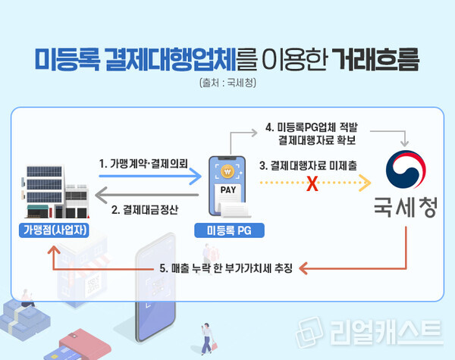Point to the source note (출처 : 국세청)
pyautogui.click(x=227, y=82)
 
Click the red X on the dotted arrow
pyautogui.click(x=310, y=184)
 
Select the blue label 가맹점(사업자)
pyautogui.click(x=52, y=230)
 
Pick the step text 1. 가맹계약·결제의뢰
pyautogui.click(x=143, y=163)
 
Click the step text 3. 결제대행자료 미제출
pyautogui.click(x=309, y=164)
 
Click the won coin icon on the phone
pyautogui.click(x=227, y=169)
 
